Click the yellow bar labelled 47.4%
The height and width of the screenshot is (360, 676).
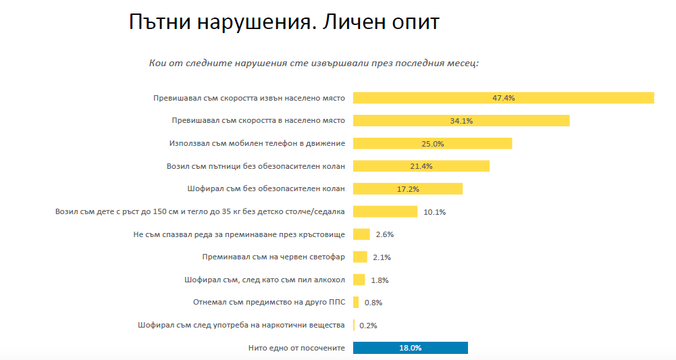pos(503,98)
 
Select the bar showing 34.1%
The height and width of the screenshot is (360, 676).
pos(461,121)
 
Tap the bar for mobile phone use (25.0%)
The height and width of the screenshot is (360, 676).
pos(432,143)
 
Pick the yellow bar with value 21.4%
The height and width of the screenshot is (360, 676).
pos(421,166)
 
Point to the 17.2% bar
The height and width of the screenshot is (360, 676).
pos(408,188)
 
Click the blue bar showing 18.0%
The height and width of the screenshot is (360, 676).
pos(410,348)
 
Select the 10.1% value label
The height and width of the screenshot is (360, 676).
pos(435,212)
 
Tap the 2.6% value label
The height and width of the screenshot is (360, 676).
pos(384,234)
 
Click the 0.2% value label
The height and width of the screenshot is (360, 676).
pos(368,326)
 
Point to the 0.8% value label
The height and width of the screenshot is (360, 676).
pos(373,303)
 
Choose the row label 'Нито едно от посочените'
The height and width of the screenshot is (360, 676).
pos(296,348)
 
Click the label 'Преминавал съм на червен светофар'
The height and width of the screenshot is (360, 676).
pos(274,257)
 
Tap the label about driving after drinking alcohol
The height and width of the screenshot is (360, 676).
pos(265,280)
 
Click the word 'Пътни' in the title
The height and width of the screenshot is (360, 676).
pos(159,22)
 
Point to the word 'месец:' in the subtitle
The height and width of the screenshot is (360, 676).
pos(462,63)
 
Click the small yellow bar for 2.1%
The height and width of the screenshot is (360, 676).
pos(360,257)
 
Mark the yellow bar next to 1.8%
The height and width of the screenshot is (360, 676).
pos(359,280)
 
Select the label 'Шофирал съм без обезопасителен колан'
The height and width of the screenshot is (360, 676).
pos(266,188)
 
